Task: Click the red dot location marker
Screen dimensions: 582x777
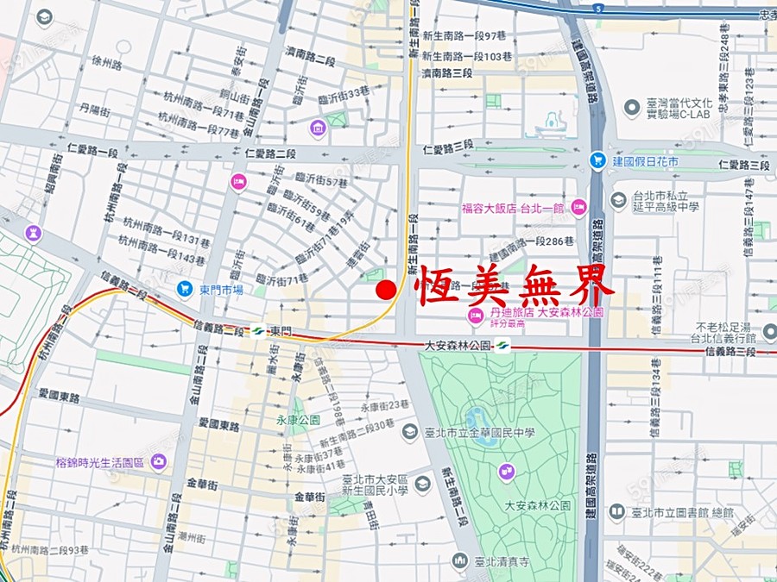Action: coord(387,291)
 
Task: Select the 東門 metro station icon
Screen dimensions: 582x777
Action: coord(256,331)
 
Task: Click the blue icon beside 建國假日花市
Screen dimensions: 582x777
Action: coord(597,160)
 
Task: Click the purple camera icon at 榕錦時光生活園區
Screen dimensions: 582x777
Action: coord(158,462)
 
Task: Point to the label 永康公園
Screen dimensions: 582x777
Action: coord(297,420)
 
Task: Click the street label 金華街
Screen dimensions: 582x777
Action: coord(309,498)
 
